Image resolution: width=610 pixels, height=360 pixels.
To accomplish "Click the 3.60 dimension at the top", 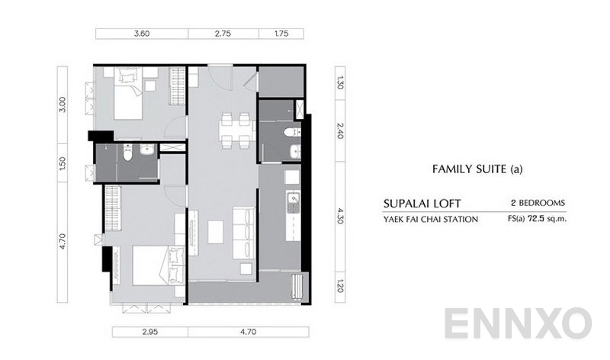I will click(x=141, y=34).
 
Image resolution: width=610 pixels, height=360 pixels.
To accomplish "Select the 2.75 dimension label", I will click(x=223, y=34).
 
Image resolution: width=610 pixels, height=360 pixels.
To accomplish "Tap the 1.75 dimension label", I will click(x=281, y=34).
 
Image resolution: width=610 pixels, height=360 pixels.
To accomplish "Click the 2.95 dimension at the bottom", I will click(x=150, y=332).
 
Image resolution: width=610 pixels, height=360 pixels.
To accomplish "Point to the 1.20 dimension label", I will click(x=340, y=288).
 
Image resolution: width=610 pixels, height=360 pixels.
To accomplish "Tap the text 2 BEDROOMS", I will click(x=538, y=204).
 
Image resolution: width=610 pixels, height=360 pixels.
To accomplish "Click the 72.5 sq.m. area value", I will click(x=554, y=220).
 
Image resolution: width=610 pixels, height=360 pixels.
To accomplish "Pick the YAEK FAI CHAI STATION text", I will click(x=431, y=220).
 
